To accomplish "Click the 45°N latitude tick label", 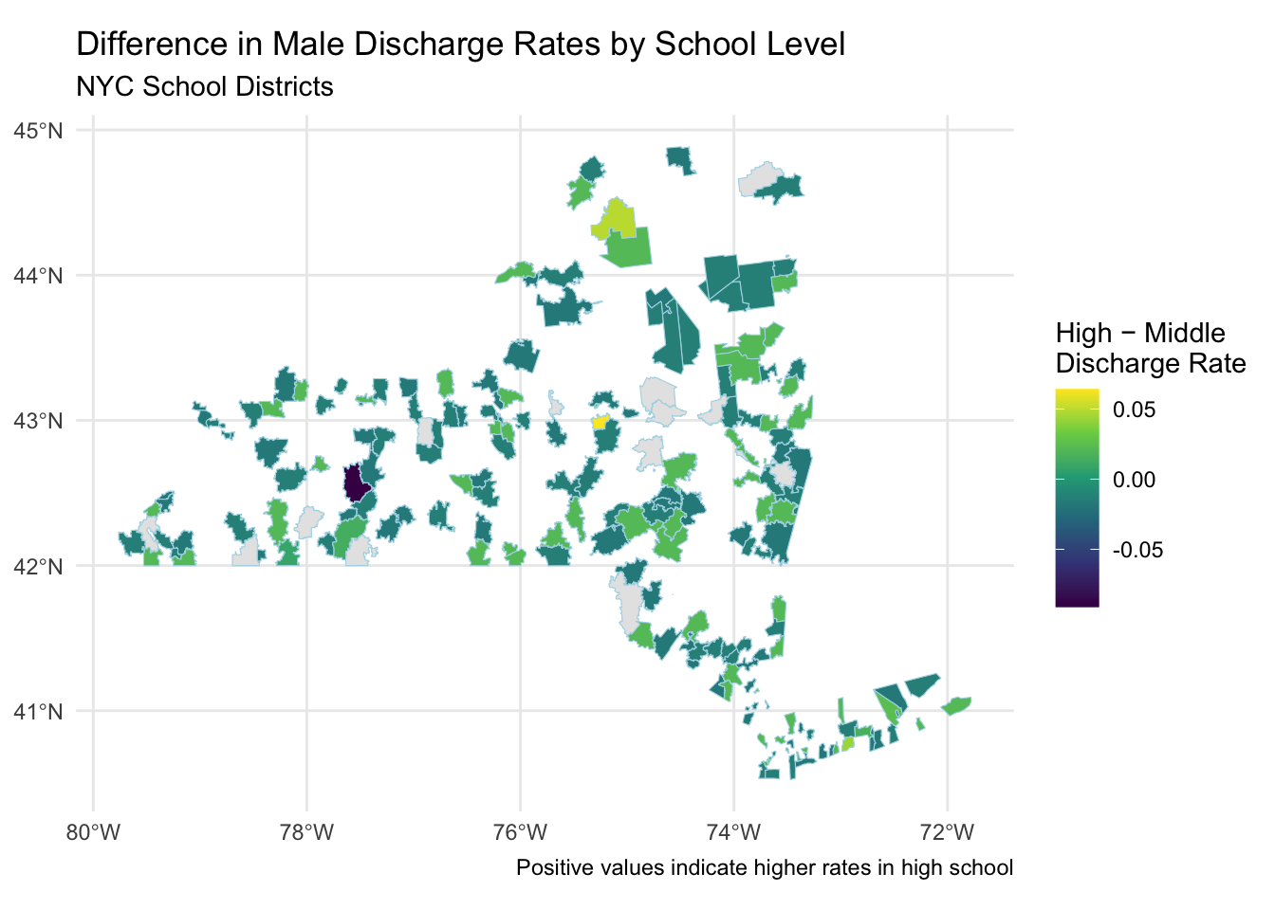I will [38, 131].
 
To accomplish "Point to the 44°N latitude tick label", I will [38, 276].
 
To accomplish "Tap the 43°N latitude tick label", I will [38, 421].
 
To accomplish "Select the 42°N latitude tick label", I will [38, 567].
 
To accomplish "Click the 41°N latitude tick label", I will [38, 712].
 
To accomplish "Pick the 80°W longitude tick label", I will [93, 833].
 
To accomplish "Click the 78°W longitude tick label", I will [306, 833].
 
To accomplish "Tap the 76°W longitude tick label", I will [520, 833].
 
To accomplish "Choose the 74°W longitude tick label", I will [733, 833].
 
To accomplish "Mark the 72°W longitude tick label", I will [947, 833].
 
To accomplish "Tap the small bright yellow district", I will [600, 423].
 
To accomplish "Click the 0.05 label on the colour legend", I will [1134, 410].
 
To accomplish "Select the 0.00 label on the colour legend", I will [1134, 480].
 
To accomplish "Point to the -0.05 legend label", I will [1136, 551].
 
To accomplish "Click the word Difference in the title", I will [135, 45].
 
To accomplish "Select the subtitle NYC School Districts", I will [204, 87].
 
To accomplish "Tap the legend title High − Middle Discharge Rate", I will [1150, 348].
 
